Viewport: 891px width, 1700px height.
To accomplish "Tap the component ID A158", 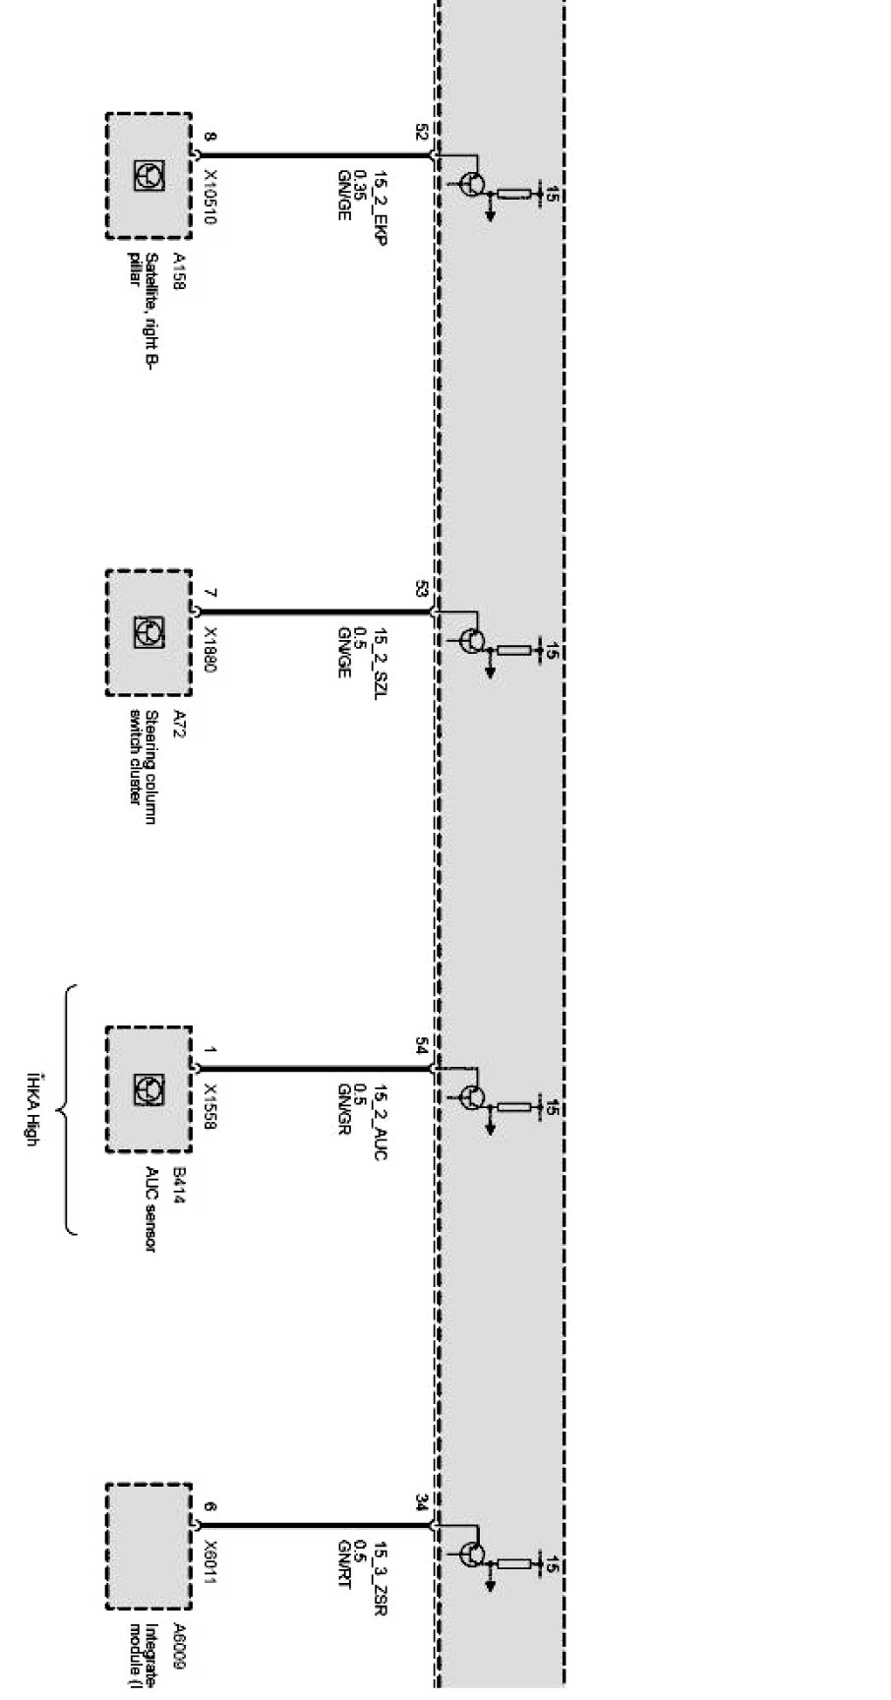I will pos(179,271).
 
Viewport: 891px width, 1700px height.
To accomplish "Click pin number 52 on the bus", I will pos(421,133).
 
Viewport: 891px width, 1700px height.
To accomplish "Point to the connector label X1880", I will pos(209,649).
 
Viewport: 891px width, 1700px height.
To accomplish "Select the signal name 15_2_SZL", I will pos(379,656).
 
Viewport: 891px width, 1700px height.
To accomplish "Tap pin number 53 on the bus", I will pos(421,590).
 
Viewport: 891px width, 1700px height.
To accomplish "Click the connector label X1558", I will pos(209,1105).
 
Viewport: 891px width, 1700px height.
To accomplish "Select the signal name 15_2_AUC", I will pos(379,1114).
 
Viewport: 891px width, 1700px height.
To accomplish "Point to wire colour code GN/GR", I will pos(344,1110).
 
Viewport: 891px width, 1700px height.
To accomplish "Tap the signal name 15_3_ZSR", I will pos(379,1570).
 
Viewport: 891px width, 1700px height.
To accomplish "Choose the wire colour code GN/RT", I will pos(344,1565).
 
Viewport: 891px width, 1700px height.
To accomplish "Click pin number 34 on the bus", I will pos(421,1502).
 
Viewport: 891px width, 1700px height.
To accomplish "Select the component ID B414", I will pos(179,1180).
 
